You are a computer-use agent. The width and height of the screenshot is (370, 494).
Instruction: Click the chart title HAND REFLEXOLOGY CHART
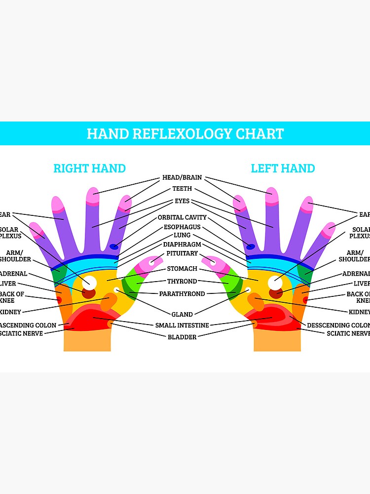(185, 134)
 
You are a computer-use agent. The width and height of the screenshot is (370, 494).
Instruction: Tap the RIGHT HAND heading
(89, 168)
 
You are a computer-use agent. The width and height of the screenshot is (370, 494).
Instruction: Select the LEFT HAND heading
(283, 168)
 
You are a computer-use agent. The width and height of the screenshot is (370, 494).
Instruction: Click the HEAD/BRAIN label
(182, 178)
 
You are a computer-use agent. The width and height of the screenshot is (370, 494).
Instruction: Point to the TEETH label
(182, 189)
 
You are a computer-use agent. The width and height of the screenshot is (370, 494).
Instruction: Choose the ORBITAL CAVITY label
(182, 217)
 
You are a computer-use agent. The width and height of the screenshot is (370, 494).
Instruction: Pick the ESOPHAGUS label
(182, 227)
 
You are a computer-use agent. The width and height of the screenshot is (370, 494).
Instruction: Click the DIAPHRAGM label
(182, 245)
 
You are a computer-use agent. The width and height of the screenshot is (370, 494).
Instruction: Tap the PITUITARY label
(182, 253)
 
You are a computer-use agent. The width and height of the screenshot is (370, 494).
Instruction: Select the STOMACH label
(182, 269)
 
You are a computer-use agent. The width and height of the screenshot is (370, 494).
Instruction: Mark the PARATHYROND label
(182, 294)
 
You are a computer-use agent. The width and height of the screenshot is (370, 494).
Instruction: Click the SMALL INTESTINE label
(182, 325)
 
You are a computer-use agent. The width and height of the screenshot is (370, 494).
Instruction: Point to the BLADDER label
(182, 337)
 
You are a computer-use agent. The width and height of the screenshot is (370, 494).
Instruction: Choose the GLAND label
(182, 314)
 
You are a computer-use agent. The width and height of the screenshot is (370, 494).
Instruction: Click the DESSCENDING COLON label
(338, 325)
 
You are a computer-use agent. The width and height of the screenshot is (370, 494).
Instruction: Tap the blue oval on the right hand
(114, 247)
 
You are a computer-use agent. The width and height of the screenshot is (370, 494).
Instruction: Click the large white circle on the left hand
(274, 283)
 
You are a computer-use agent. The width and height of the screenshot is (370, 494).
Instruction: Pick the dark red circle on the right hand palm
(88, 293)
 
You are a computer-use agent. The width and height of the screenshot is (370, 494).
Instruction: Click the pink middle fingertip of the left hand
(271, 196)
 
